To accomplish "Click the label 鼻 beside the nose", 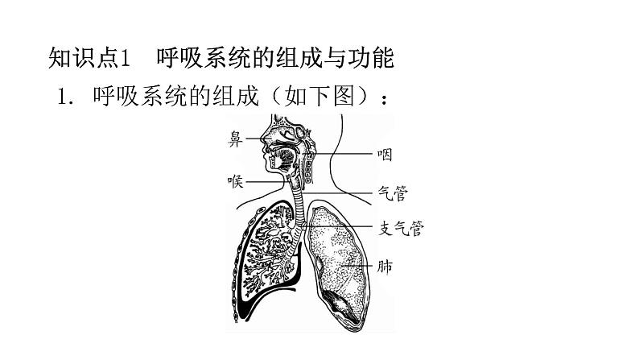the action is tap(235, 139).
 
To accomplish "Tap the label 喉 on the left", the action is tap(236, 181).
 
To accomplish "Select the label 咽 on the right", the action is tap(385, 155).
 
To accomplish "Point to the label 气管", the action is tap(393, 193).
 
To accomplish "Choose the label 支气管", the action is tap(402, 228).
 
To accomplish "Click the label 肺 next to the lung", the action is tap(385, 267).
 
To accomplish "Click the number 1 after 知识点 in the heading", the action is tap(125, 58).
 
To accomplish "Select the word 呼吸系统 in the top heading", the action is tap(204, 57).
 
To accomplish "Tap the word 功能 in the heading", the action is tap(370, 57).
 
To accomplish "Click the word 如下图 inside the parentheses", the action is tap(319, 96).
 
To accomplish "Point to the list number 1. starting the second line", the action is tap(65, 97).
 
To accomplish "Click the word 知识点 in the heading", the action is tap(84, 57).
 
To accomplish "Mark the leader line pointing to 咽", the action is tap(343, 154).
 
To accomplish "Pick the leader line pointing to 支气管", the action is tap(338, 226).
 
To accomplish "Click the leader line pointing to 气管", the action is tap(338, 192).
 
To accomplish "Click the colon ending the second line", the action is tap(384, 99).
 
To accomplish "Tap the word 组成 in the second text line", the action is tap(236, 96).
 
